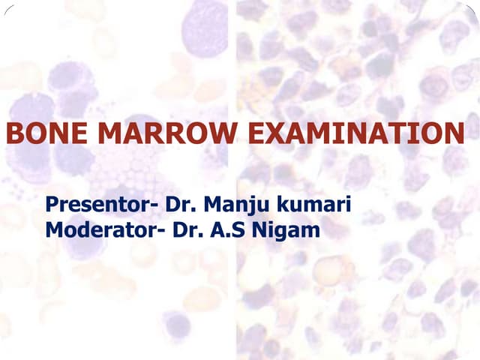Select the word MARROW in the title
pyautogui.click(x=168, y=134)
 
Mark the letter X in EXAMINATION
pyautogui.click(x=271, y=134)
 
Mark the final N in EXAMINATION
pyautogui.click(x=453, y=134)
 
